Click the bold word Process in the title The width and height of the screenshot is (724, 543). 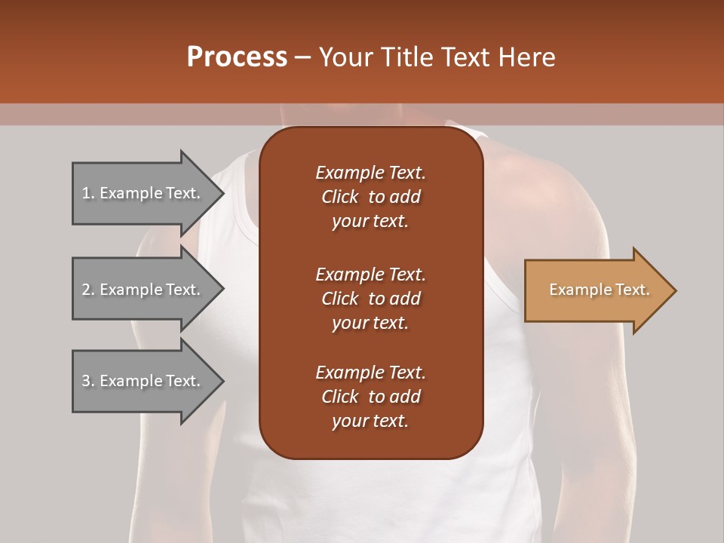pos(237,57)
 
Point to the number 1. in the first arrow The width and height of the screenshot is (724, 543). pos(88,193)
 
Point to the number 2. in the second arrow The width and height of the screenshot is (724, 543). pos(88,290)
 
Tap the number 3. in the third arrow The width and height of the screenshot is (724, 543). pos(88,381)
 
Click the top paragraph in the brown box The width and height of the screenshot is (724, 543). pos(370,197)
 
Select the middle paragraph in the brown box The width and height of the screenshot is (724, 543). pos(370,298)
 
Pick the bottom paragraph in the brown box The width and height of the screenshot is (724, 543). pos(370,397)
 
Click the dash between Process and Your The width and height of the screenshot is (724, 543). pos(302,57)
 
